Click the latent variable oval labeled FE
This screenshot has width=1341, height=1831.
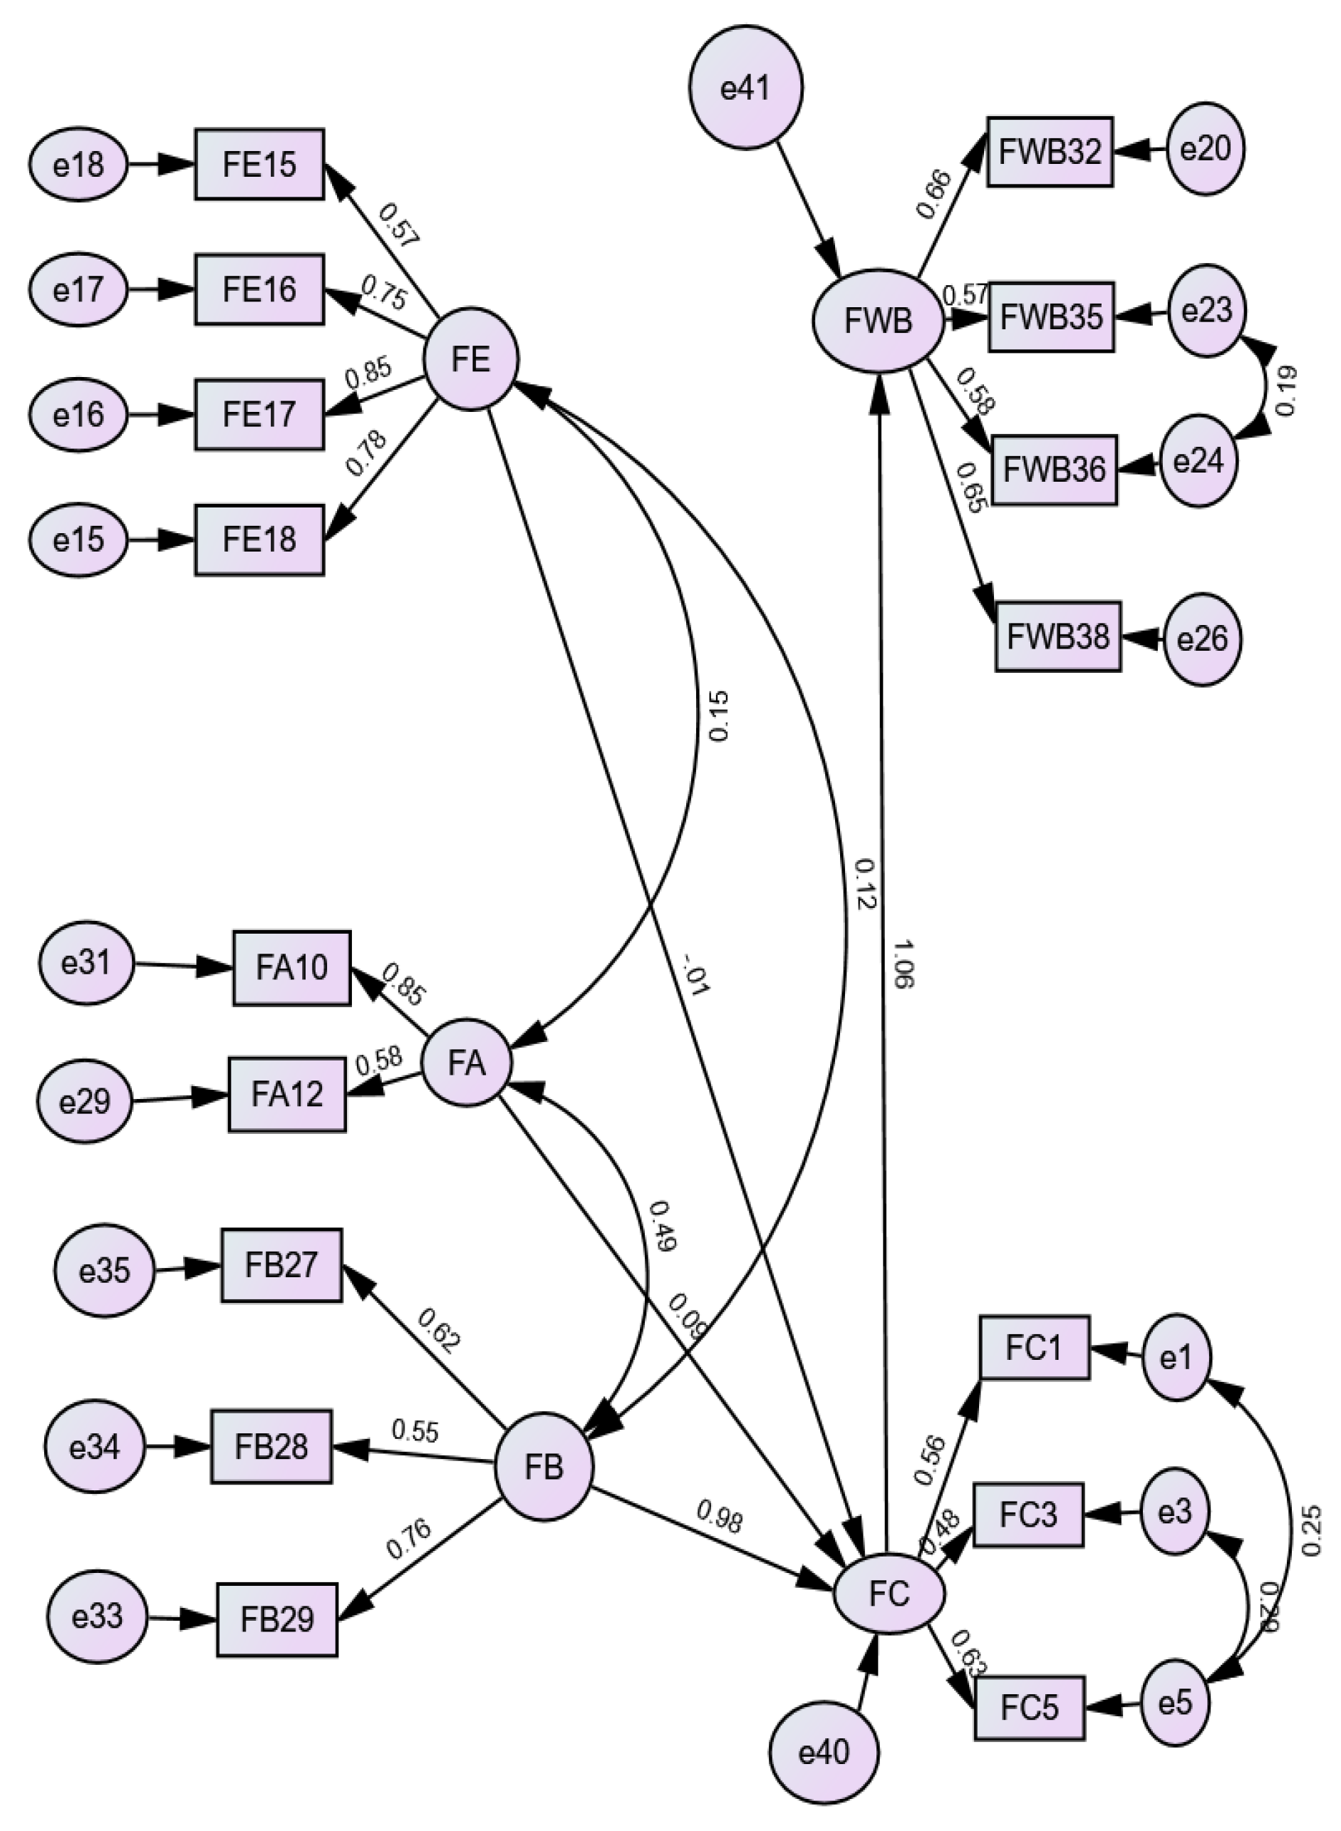click(x=472, y=359)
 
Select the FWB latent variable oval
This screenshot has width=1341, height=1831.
click(x=879, y=321)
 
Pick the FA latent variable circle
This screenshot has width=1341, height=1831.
click(x=467, y=1063)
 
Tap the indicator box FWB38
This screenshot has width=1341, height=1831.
click(x=1057, y=636)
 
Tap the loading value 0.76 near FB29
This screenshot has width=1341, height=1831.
click(x=408, y=1539)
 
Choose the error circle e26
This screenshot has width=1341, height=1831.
click(x=1202, y=639)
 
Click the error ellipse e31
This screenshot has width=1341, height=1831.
click(x=86, y=964)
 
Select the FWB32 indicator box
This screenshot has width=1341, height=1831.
click(x=1050, y=152)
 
